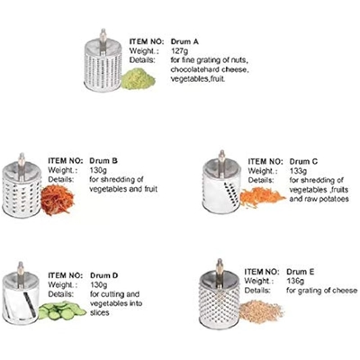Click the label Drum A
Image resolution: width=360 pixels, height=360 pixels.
[184, 41]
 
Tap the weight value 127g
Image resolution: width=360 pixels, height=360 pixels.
[180, 50]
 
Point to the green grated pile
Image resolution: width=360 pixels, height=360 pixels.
[139, 79]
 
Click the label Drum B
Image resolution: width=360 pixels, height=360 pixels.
[103, 161]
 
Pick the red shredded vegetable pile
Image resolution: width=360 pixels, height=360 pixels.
[58, 200]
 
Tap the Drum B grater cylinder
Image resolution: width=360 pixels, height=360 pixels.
[22, 186]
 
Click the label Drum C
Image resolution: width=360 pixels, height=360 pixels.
[303, 162]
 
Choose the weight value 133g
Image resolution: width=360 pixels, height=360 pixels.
[298, 171]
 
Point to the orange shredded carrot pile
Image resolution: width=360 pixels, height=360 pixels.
[262, 197]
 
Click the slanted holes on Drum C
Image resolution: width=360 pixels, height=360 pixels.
[232, 193]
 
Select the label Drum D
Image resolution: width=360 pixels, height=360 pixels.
[104, 275]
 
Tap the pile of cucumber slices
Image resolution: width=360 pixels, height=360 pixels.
[61, 310]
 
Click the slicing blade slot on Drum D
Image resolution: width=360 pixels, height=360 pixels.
[30, 304]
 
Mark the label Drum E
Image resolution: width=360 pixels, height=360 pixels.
[301, 272]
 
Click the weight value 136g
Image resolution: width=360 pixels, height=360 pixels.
[295, 281]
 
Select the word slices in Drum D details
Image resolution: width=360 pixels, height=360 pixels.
[100, 312]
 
